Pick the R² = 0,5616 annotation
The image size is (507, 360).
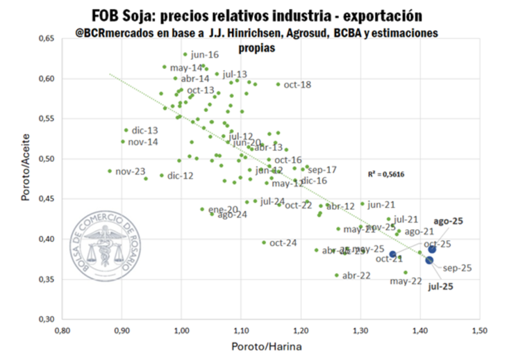386,174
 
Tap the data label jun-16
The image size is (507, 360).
205,54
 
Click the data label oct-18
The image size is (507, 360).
297,85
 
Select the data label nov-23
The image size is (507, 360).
131,172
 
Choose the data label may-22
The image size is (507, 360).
406,281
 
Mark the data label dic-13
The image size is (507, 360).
145,130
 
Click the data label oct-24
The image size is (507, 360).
283,243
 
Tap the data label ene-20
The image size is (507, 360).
223,209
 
